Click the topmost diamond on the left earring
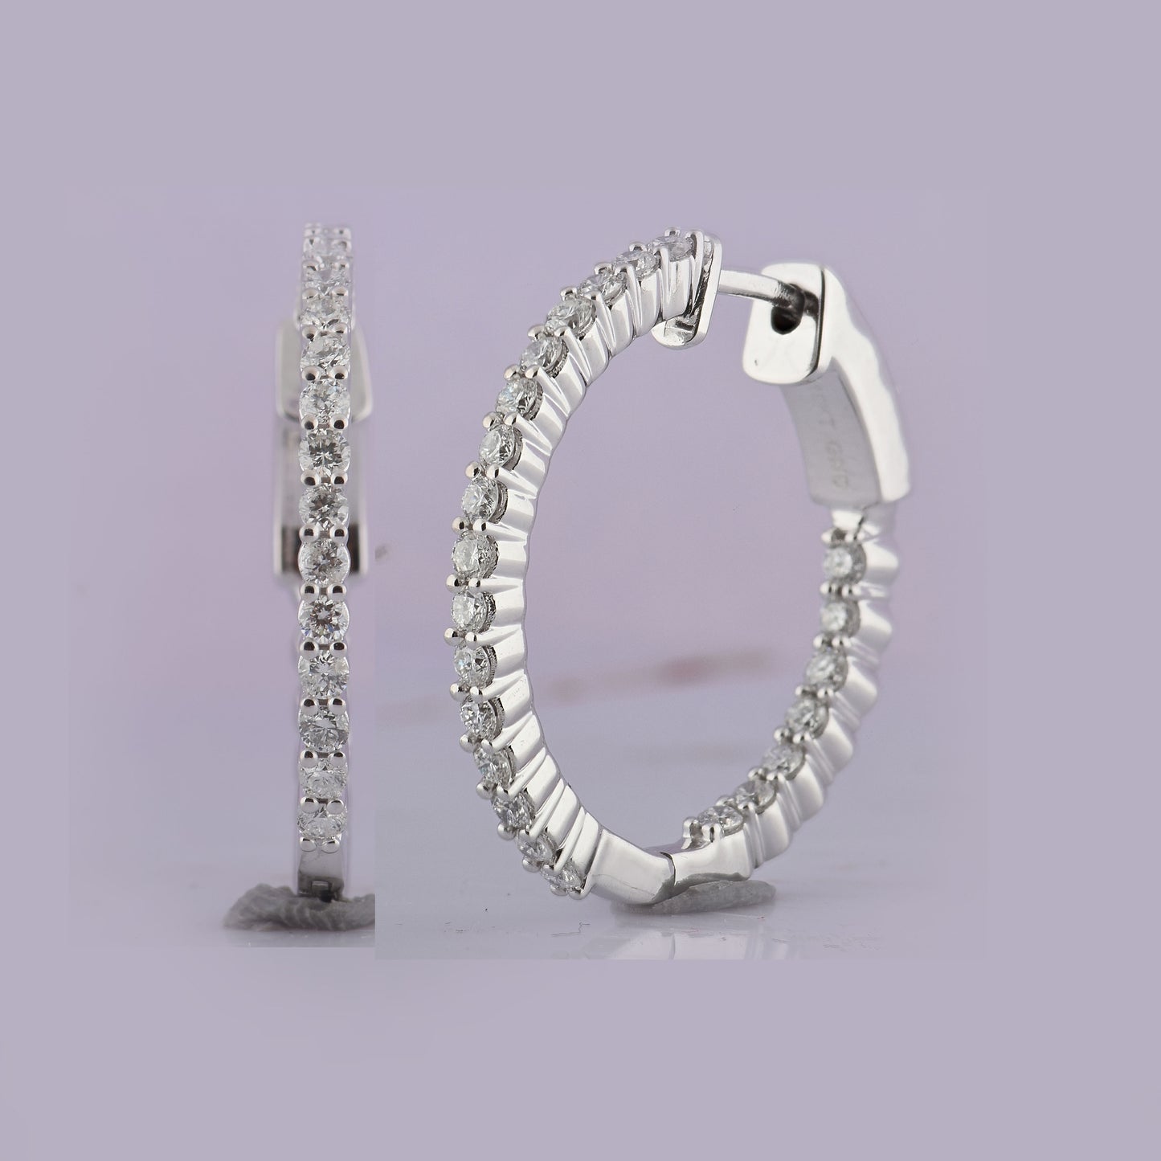tap(327, 237)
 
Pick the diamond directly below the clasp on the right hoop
tap(842, 558)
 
